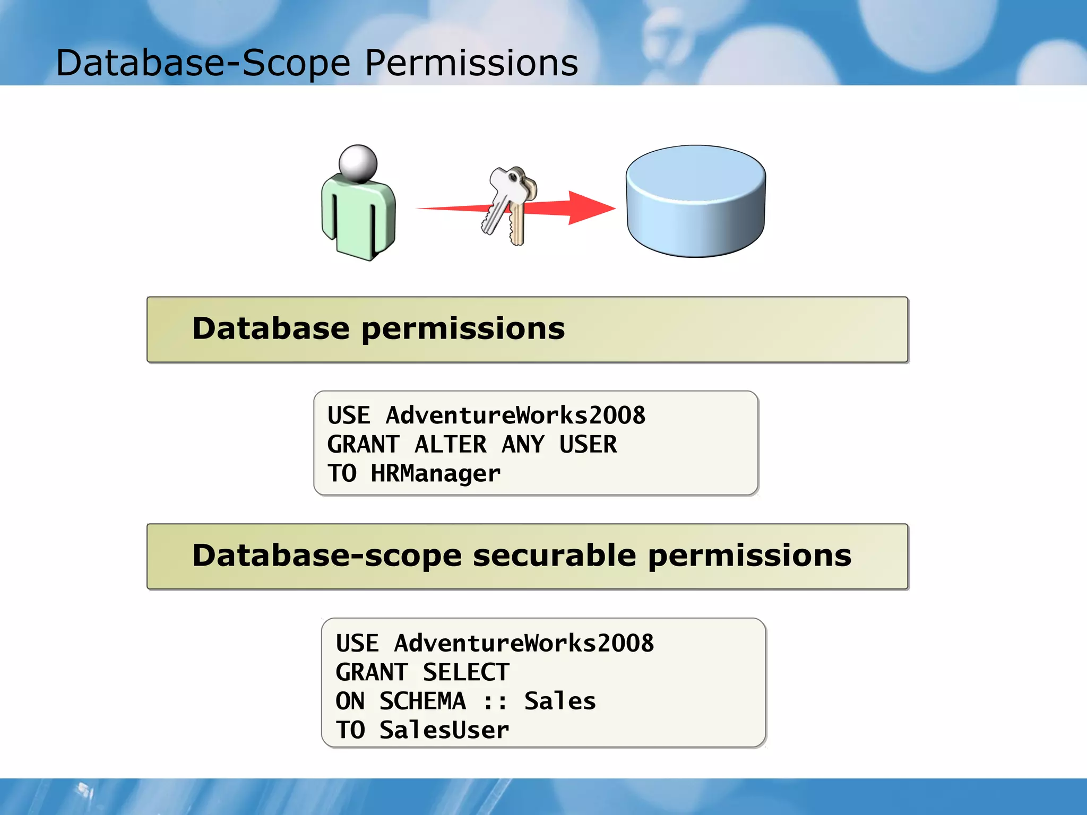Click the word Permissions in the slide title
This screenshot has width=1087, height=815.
coord(471,63)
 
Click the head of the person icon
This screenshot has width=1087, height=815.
coord(358,163)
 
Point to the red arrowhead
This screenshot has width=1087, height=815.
coord(590,207)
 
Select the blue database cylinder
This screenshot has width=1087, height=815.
coord(695,202)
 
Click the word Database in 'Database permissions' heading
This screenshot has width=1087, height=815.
coord(271,328)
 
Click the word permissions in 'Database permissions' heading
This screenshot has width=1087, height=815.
coord(463,330)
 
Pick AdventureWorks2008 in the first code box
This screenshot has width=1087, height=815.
coord(515,415)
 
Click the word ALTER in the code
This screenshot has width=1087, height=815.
coord(450,444)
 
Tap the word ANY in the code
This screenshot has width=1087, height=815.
coord(523,444)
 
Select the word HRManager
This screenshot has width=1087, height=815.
coord(435,473)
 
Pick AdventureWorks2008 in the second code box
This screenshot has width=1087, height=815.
coord(523,643)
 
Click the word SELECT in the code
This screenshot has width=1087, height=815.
coord(466,672)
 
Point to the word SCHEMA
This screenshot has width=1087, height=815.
coord(422,701)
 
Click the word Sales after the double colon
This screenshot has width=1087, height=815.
coord(560,701)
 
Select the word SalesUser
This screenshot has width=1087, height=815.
coord(444,730)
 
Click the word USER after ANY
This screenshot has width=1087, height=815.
coord(588,444)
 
